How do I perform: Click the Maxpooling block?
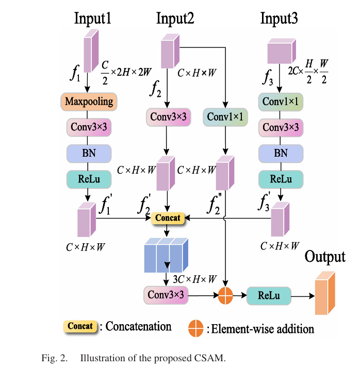click(x=89, y=102)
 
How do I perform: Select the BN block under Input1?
click(x=89, y=153)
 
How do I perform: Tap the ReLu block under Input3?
click(x=281, y=179)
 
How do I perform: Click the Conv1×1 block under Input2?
click(x=225, y=117)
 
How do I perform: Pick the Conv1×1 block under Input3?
click(x=281, y=102)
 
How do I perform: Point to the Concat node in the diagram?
click(x=168, y=218)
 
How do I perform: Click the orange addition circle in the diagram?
click(x=226, y=295)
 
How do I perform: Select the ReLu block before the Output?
click(x=269, y=295)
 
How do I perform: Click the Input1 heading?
click(x=93, y=19)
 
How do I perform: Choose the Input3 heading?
click(x=279, y=19)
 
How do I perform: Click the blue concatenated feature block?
click(x=164, y=256)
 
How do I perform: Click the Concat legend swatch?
click(x=80, y=326)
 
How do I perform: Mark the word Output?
click(x=325, y=257)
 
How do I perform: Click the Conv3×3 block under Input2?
click(x=167, y=117)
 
